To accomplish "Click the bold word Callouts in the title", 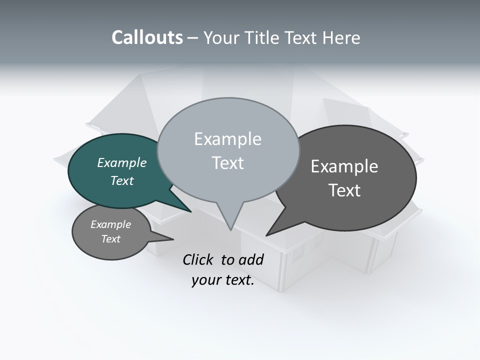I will click(x=147, y=37).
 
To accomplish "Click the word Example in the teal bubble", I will click(x=122, y=162).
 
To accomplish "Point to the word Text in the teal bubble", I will click(x=122, y=180).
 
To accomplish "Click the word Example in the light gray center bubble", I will click(x=227, y=139).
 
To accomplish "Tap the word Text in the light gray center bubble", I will click(x=227, y=163).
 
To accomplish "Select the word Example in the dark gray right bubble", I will click(x=344, y=166).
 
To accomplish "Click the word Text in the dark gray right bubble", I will click(x=344, y=190).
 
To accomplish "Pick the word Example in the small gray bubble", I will click(x=111, y=224).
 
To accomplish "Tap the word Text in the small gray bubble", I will click(x=111, y=239).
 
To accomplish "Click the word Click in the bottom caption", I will click(x=199, y=259).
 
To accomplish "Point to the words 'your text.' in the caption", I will click(x=223, y=280).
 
